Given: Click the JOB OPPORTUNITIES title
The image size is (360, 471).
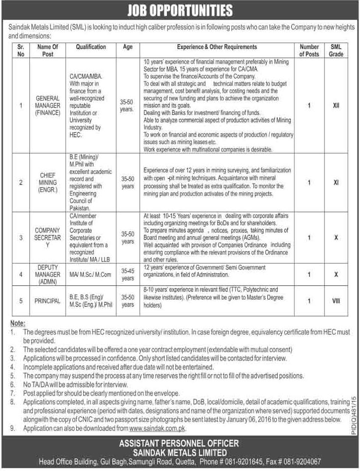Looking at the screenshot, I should (x=180, y=10).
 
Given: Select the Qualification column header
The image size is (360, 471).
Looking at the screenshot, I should (x=91, y=47).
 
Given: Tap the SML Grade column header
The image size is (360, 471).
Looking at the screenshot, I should (x=336, y=50).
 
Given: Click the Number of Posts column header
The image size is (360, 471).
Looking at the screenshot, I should (x=309, y=50).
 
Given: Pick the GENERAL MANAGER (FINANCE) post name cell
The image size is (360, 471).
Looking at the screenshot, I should (x=48, y=105).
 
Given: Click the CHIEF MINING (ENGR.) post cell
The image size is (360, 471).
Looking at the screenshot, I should (x=48, y=182).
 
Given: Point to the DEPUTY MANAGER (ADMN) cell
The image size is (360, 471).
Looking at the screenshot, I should (x=48, y=274).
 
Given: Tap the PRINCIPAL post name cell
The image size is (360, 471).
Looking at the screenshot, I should (x=48, y=301).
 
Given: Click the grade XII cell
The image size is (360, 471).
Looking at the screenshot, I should (x=336, y=105).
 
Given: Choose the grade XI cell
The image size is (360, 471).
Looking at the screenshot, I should (x=336, y=182).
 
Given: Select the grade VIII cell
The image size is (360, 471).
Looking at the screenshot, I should (x=336, y=301).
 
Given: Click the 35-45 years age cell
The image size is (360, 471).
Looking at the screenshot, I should (x=128, y=274).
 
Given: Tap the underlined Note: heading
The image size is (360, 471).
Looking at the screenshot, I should (x=18, y=323).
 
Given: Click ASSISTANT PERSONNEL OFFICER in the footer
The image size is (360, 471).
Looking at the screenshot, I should (x=180, y=443).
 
